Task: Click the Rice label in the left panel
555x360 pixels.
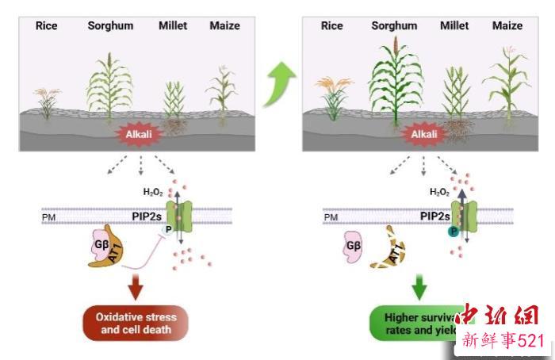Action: [x=47, y=26]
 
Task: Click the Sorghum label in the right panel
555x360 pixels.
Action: [x=394, y=26]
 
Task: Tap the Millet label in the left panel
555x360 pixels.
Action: [x=173, y=26]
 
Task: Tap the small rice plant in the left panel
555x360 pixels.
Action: [x=47, y=103]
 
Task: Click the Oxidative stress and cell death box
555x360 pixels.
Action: [x=136, y=323]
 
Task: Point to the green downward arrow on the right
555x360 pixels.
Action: [x=421, y=283]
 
